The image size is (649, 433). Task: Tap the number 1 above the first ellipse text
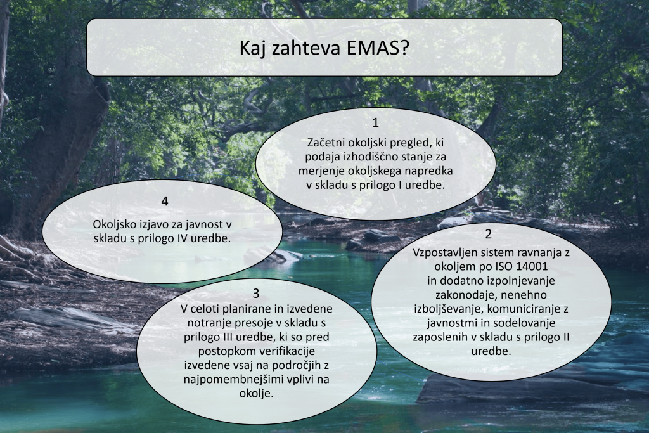(x=375, y=122)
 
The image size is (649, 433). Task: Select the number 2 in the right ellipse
(x=489, y=234)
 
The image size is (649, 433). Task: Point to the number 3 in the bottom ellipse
(x=256, y=293)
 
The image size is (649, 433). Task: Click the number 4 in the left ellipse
(x=165, y=201)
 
